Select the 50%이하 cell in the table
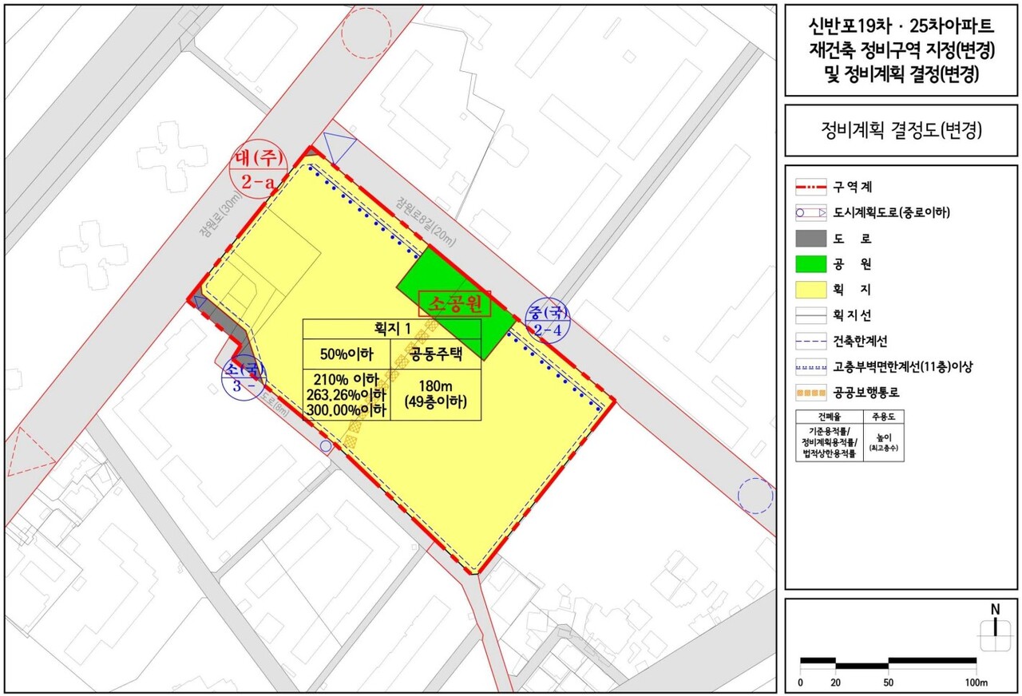tap(346, 354)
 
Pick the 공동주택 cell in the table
tap(435, 354)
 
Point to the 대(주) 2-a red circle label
tap(258, 169)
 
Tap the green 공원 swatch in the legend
tap(810, 263)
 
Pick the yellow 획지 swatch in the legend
tap(810, 290)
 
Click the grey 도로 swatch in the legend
tap(810, 238)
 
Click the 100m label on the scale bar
tap(976, 683)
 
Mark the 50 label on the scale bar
tap(888, 683)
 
